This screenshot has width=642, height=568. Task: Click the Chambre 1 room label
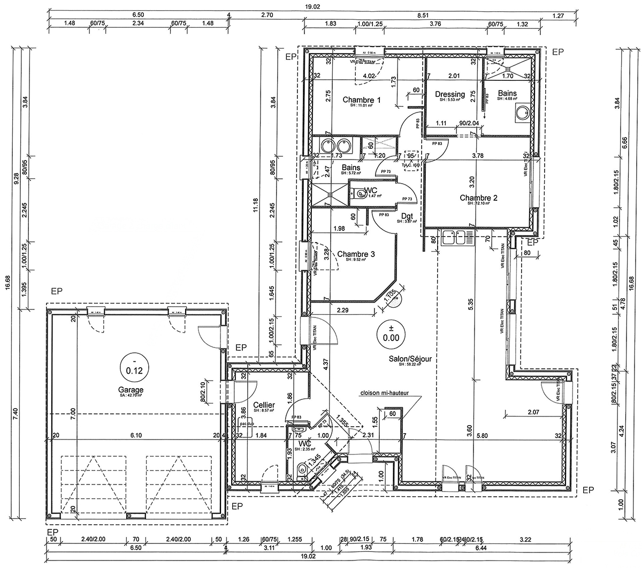pyautogui.click(x=362, y=100)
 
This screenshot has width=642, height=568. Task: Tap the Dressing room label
pyautogui.click(x=450, y=94)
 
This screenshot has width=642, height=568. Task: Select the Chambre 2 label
pyautogui.click(x=479, y=198)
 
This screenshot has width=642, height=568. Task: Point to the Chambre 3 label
pyautogui.click(x=356, y=254)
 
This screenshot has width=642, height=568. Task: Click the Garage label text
pyautogui.click(x=131, y=390)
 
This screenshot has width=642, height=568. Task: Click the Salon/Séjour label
pyautogui.click(x=409, y=359)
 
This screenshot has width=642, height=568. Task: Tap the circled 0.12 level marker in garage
pyautogui.click(x=131, y=365)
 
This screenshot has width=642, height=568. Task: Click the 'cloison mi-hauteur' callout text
pyautogui.click(x=385, y=393)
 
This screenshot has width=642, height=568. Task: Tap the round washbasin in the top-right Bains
pyautogui.click(x=521, y=112)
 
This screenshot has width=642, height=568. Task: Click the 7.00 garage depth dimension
pyautogui.click(x=72, y=411)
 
